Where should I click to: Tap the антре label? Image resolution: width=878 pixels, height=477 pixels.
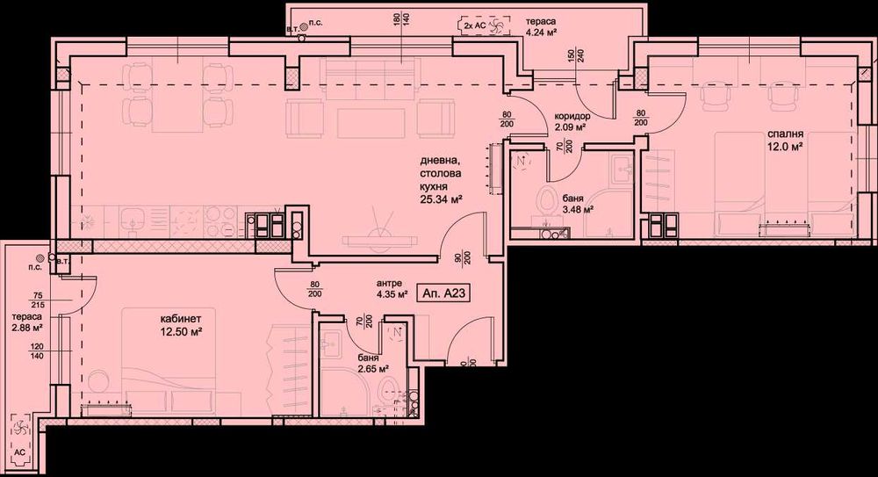(389, 283)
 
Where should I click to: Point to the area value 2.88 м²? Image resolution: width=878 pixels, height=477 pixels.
(27, 329)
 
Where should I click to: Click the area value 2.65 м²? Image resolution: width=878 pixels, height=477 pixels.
(372, 371)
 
